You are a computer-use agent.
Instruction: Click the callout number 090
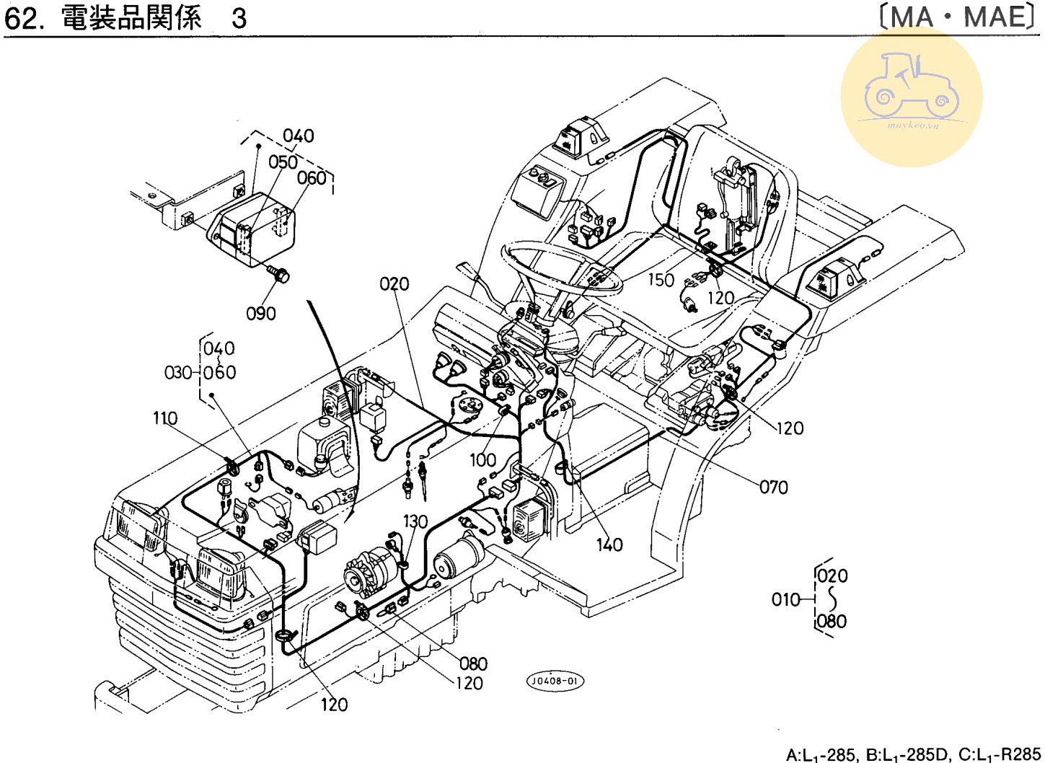click(x=261, y=313)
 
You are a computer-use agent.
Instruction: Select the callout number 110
click(x=165, y=418)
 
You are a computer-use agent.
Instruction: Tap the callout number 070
click(x=773, y=488)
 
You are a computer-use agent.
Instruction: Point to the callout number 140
click(x=609, y=545)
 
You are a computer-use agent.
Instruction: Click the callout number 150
click(x=661, y=280)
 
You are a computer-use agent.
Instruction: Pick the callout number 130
click(x=415, y=521)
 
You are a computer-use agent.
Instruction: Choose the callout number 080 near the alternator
click(x=473, y=663)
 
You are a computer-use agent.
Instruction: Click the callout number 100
click(x=482, y=459)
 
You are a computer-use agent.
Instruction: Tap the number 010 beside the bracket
click(x=786, y=599)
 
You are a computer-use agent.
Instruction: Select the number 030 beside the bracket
click(x=178, y=373)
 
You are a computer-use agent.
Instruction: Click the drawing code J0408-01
click(x=555, y=681)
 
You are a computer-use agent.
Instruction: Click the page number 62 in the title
click(x=20, y=19)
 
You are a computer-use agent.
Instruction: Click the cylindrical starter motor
click(x=459, y=558)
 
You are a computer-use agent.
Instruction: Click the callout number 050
click(x=283, y=162)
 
